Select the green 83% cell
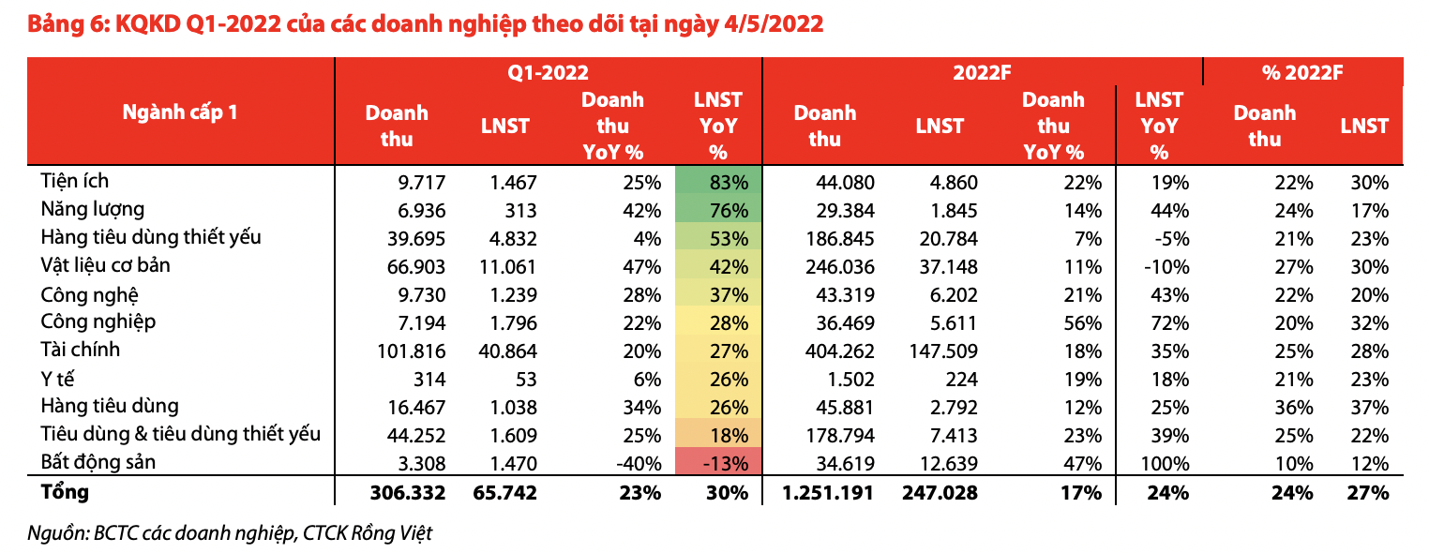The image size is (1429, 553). click(718, 183)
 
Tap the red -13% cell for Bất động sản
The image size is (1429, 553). click(718, 463)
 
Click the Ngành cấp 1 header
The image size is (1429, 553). click(180, 112)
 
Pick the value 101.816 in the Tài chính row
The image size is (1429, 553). click(414, 351)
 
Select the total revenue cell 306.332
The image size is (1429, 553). click(407, 492)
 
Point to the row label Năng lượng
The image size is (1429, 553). click(92, 209)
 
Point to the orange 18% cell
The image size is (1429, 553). click(718, 435)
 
